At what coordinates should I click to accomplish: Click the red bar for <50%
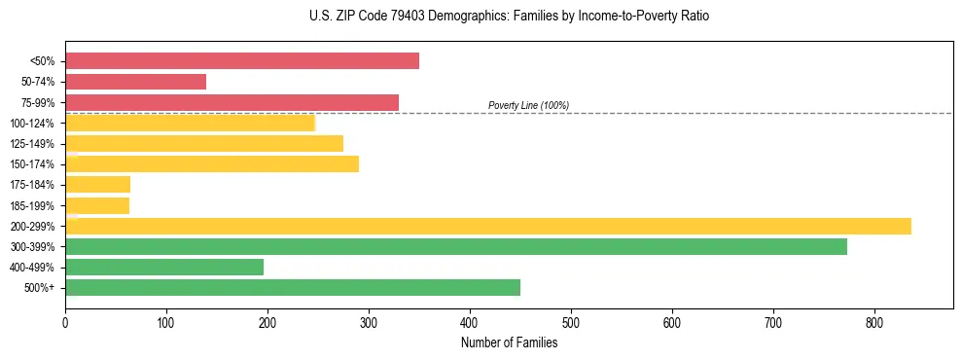point(242,61)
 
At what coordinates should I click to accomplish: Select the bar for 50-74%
point(136,82)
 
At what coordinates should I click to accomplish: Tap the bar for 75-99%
point(232,102)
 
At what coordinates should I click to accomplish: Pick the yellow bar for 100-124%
point(191,123)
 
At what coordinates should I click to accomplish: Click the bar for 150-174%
point(212,163)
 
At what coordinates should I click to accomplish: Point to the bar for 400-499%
point(164,267)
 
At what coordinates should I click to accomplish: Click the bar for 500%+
point(293,287)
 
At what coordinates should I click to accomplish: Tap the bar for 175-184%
point(97,184)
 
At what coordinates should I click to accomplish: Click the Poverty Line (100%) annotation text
point(528,105)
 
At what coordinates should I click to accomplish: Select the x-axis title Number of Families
point(509,342)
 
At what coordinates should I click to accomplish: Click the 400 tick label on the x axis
point(470,323)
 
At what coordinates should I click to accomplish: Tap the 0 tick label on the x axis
point(65,323)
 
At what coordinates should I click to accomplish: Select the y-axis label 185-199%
point(34,205)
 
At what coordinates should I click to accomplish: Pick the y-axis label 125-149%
point(34,144)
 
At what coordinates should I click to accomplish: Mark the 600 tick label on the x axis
point(672,323)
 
